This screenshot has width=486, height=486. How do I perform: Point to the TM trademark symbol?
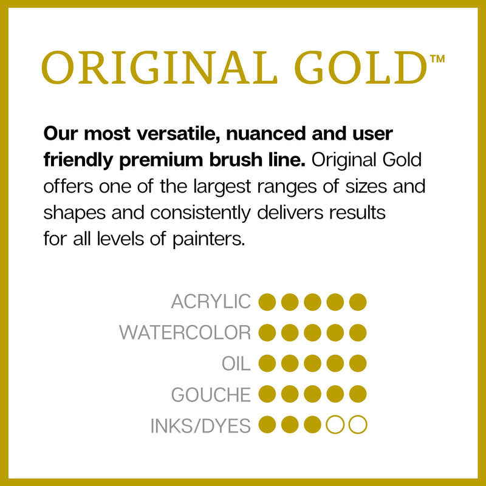pos(437,59)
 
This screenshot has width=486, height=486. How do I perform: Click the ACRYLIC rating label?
pos(211,301)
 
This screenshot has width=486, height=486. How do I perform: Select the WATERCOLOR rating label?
pos(185,332)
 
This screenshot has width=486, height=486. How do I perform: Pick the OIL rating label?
pos(236,363)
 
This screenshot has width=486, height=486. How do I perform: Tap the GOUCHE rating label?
pos(211,395)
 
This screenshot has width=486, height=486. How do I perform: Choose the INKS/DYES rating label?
pos(200,426)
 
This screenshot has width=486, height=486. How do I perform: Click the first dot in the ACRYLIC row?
pos(267,301)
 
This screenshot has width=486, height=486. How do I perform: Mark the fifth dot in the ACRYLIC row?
pos(358,301)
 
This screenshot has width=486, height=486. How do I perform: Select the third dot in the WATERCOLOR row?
pos(313,332)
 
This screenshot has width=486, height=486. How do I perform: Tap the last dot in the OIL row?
pos(358,363)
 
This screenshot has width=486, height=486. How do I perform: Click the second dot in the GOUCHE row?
pos(290,395)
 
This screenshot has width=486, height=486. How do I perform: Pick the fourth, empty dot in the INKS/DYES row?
pos(335,425)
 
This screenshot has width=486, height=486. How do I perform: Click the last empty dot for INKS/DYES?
pos(358,425)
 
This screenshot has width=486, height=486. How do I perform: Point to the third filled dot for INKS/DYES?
pos(313,425)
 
